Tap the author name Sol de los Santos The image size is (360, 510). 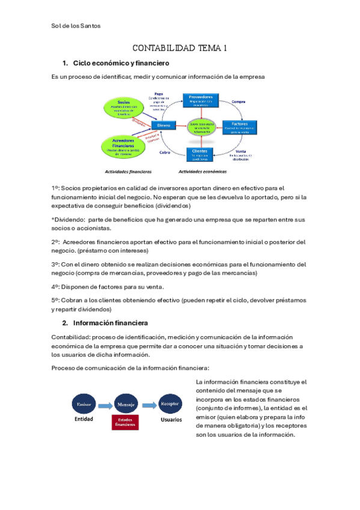(76, 26)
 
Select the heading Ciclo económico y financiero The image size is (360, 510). (121, 63)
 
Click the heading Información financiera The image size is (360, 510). (110, 322)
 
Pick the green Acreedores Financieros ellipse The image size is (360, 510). (124, 145)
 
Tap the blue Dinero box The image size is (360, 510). (163, 125)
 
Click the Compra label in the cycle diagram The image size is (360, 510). (239, 102)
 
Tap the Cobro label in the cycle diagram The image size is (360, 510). (164, 152)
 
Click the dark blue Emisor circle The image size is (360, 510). (83, 404)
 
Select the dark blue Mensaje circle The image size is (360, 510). (126, 404)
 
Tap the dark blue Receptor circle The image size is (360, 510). (170, 404)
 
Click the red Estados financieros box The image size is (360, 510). (126, 422)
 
